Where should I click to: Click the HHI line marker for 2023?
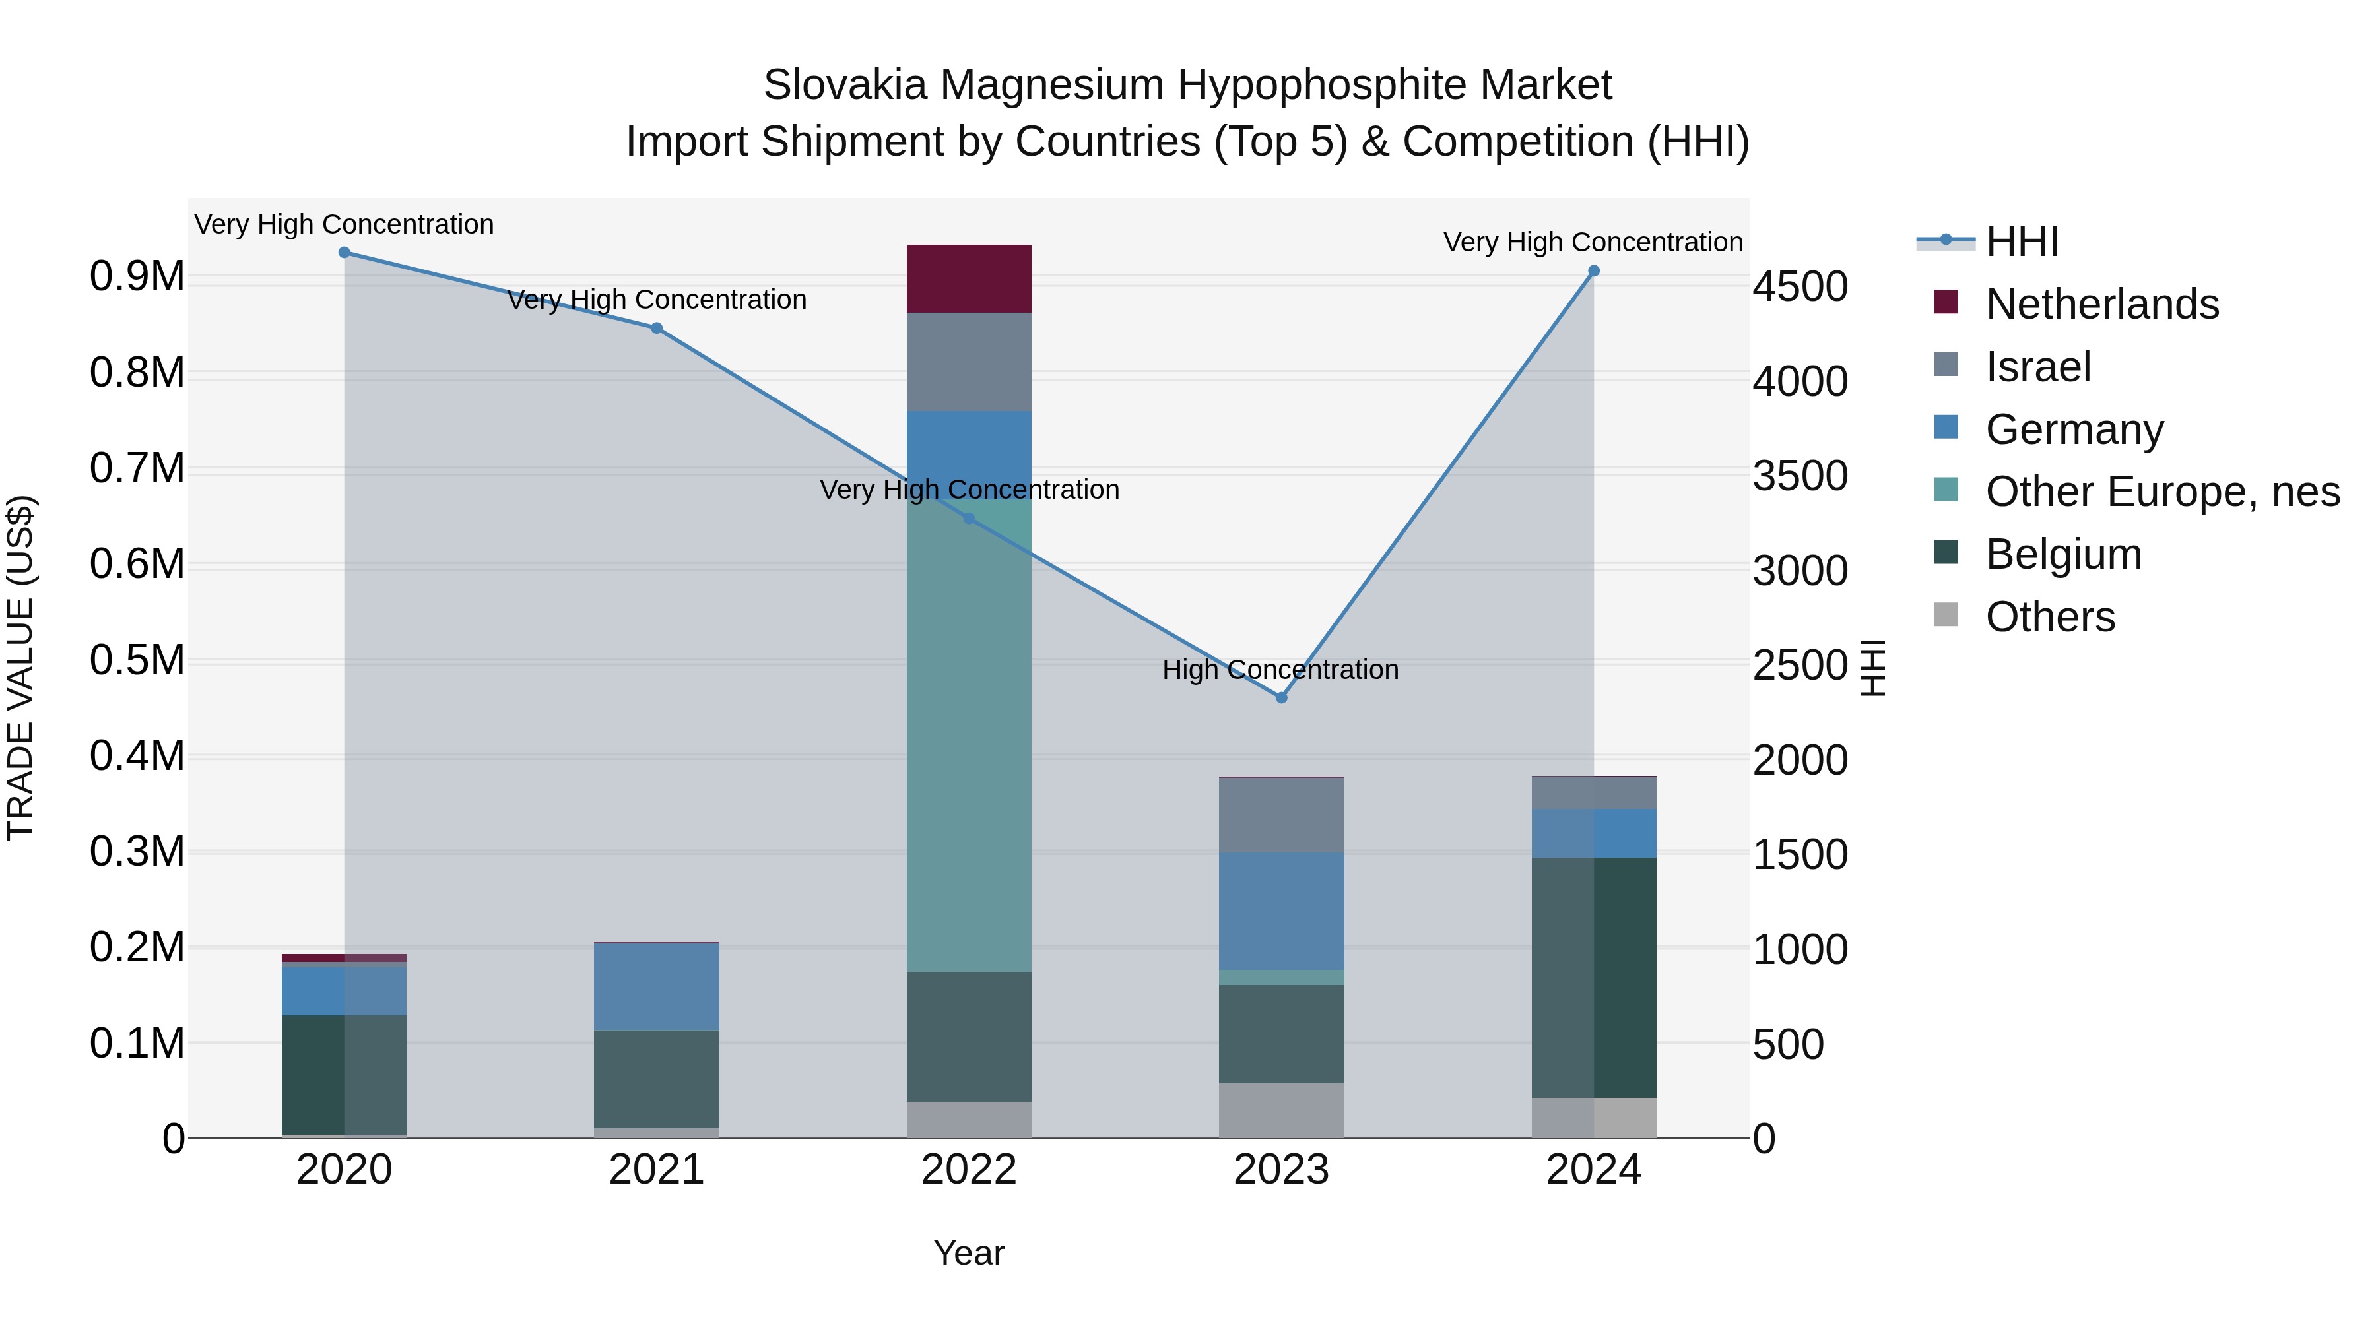[x=1281, y=698]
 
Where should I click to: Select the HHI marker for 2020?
[x=344, y=253]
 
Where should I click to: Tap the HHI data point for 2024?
[x=1594, y=271]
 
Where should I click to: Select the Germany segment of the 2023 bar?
[x=1281, y=911]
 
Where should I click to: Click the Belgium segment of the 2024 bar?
[x=1594, y=977]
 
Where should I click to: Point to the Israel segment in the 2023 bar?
[x=1281, y=815]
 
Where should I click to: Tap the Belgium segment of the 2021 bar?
[x=656, y=1079]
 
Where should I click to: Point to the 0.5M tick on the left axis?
[x=137, y=660]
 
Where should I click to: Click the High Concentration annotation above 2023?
[x=1280, y=670]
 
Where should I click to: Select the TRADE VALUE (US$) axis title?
[x=20, y=668]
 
